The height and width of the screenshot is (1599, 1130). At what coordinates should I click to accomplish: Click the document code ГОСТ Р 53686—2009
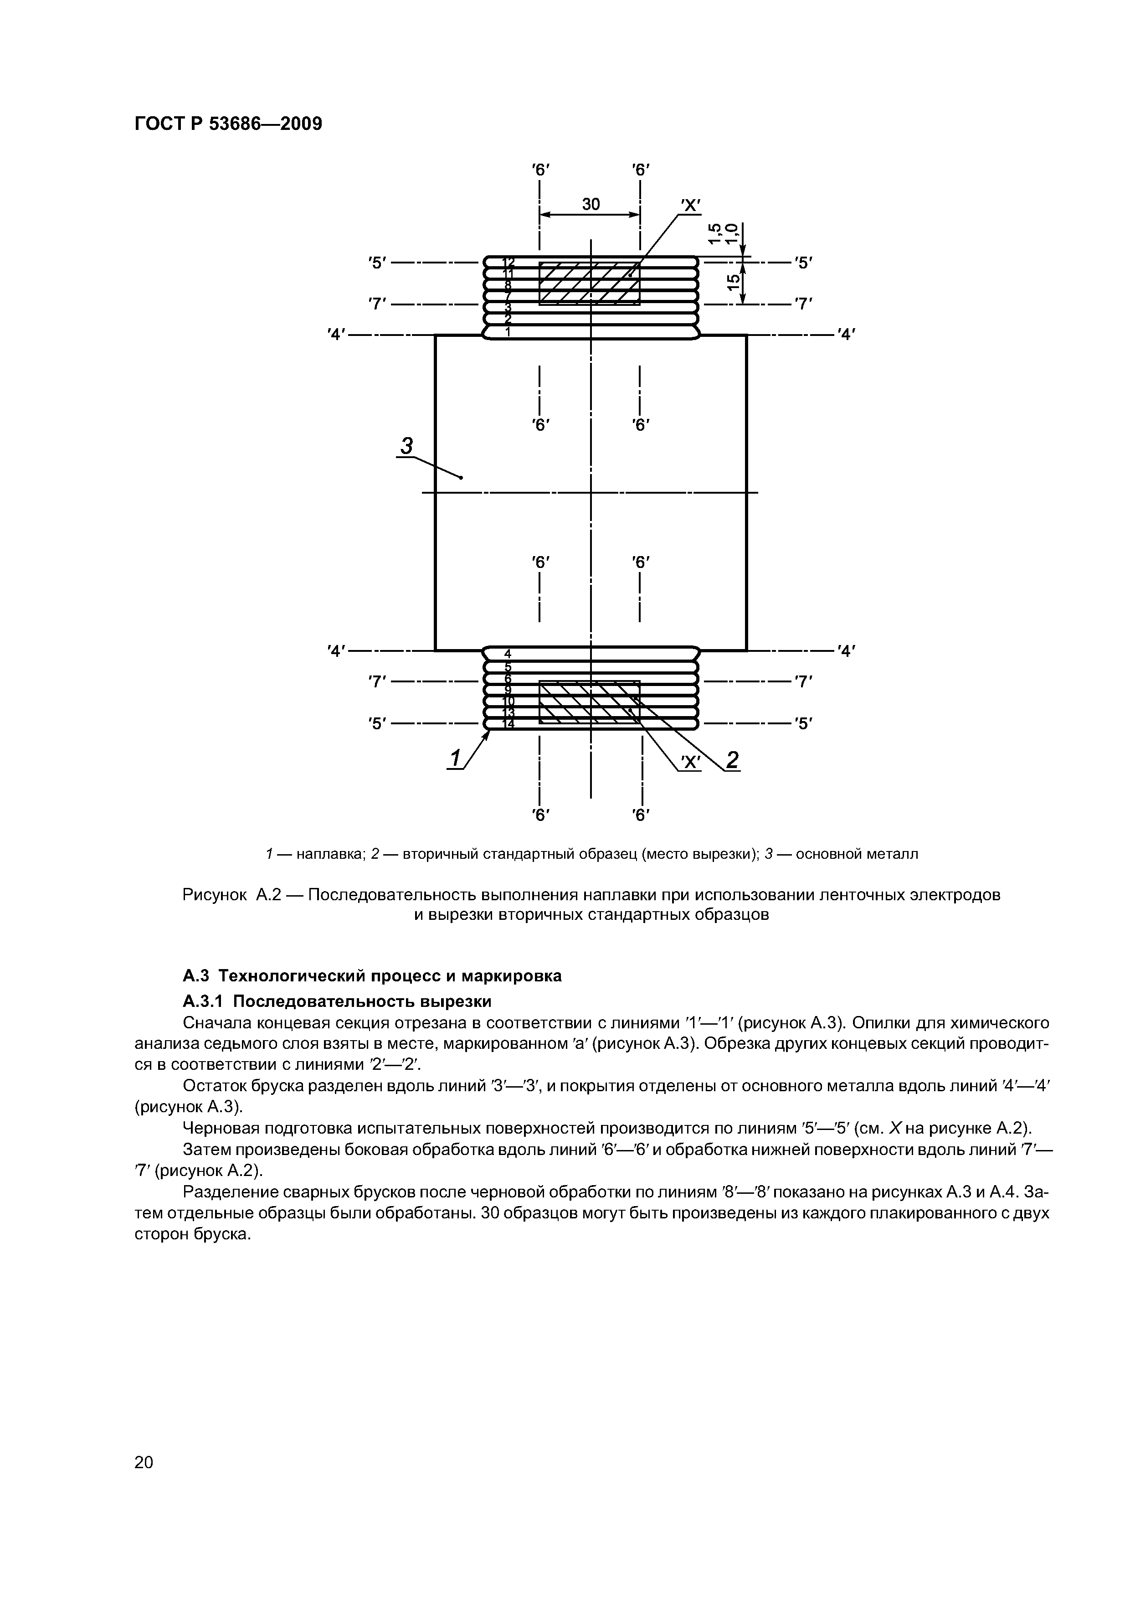pyautogui.click(x=228, y=124)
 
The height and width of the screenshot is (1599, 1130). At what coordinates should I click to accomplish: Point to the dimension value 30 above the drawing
pyautogui.click(x=591, y=204)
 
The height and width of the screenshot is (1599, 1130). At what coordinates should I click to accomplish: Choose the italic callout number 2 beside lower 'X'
pyautogui.click(x=732, y=760)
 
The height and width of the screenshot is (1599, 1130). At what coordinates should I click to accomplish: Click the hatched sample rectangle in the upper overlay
pyautogui.click(x=589, y=284)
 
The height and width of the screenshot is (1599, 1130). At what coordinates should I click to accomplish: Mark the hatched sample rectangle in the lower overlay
pyautogui.click(x=589, y=702)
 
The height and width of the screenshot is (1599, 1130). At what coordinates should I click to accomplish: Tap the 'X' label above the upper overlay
pyautogui.click(x=691, y=206)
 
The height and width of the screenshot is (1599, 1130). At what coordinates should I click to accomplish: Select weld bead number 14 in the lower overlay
pyautogui.click(x=508, y=724)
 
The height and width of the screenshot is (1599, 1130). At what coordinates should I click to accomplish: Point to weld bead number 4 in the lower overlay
pyautogui.click(x=508, y=653)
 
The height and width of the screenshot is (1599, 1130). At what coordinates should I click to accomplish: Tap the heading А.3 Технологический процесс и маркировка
pyautogui.click(x=372, y=976)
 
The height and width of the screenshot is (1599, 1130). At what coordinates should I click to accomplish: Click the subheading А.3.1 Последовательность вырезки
pyautogui.click(x=337, y=1001)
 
